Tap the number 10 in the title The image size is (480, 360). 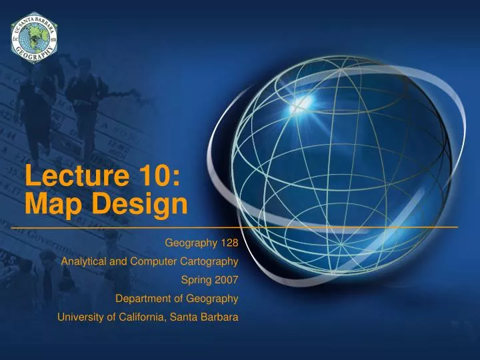[x=149, y=178]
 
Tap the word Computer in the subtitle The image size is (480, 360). [x=149, y=261]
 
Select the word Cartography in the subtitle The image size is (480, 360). [x=207, y=261]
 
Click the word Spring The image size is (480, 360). [x=195, y=279]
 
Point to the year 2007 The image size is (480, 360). [x=226, y=279]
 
